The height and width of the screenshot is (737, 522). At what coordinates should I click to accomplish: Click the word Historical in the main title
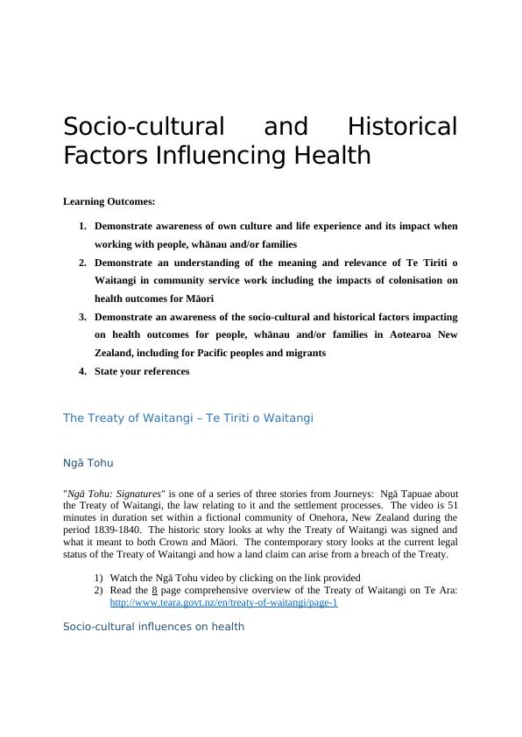pos(402,127)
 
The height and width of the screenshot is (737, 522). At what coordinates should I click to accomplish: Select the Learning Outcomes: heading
pos(109,202)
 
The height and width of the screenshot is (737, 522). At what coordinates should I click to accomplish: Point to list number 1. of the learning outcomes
pos(83,227)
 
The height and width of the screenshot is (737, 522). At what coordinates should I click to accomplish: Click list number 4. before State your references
pos(83,371)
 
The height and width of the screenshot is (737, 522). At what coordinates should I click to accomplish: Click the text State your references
pos(142,371)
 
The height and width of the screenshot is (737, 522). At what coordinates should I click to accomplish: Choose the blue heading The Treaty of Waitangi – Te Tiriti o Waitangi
pos(188,418)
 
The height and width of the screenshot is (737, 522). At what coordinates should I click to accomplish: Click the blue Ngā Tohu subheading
pos(88,462)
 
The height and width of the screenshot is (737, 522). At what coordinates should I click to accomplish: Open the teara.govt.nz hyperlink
pos(223,603)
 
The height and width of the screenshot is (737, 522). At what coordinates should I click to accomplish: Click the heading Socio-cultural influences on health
pos(154,627)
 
